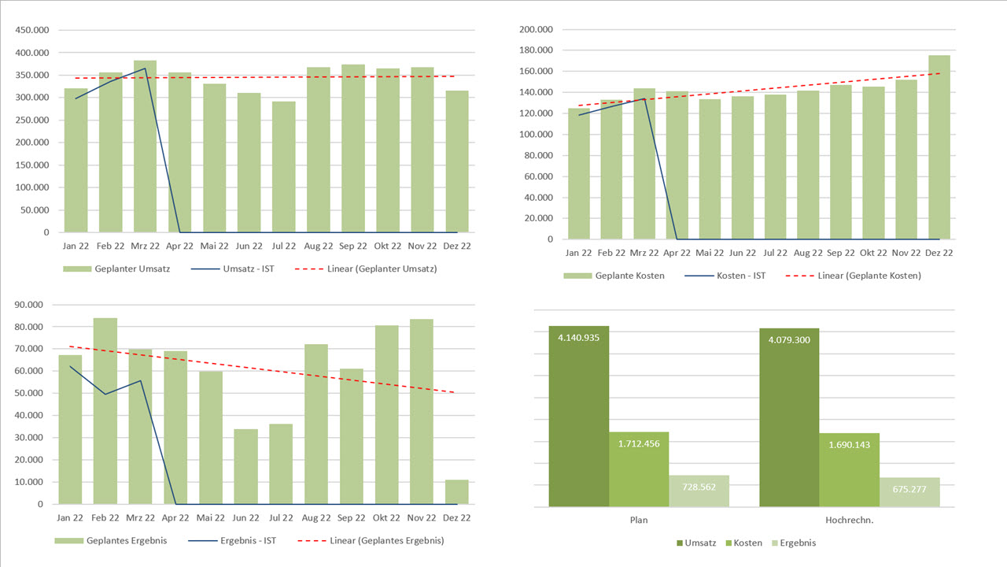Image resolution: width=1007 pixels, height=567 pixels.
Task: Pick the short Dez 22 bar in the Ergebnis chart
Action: point(456,492)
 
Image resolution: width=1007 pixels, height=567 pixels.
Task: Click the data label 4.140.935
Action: point(579,338)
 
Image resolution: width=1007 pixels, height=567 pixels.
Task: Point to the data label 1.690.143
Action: point(849,445)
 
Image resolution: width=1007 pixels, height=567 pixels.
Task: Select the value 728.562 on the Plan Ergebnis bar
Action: point(699,488)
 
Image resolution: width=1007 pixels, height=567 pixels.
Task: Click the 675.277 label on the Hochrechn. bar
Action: point(909,489)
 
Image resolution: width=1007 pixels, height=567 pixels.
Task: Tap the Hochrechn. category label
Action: point(850,521)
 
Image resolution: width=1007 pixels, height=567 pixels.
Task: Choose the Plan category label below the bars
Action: point(639,521)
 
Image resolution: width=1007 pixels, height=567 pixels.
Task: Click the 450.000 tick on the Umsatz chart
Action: point(31,30)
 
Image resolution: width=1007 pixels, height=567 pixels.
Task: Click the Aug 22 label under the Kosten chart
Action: point(807,253)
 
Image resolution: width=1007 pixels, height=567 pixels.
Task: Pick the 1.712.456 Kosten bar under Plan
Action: point(639,469)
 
